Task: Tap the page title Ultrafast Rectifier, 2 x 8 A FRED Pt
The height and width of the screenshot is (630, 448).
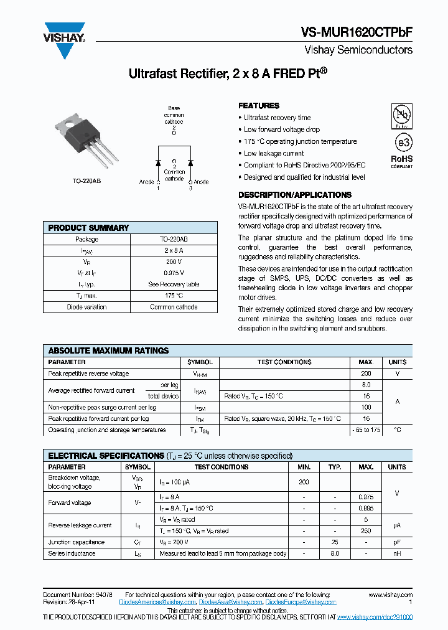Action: pos(228,73)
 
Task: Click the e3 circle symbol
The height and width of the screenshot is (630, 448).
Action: pos(403,142)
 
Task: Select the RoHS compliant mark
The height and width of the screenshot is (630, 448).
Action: pos(401,161)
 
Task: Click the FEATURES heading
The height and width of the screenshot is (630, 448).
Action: pos(259,106)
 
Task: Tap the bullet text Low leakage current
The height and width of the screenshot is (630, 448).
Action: pos(274,153)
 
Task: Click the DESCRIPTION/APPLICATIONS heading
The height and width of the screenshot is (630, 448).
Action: pos(295,195)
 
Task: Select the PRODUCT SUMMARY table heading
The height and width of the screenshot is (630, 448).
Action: pos(88,228)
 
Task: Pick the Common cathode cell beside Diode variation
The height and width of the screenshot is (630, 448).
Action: pos(174,307)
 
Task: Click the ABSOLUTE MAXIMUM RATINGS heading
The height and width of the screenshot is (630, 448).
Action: pos(108,350)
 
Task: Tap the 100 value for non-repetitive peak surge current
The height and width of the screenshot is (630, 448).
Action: pos(366,407)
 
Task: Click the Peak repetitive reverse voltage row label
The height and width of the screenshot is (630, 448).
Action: pos(88,374)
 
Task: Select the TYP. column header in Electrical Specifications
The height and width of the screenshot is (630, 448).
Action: pos(335,467)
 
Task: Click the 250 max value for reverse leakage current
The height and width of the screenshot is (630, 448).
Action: pos(366,531)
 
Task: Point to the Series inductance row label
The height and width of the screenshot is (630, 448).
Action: pos(72,553)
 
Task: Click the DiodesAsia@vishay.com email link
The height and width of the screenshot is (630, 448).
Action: pos(231,603)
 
